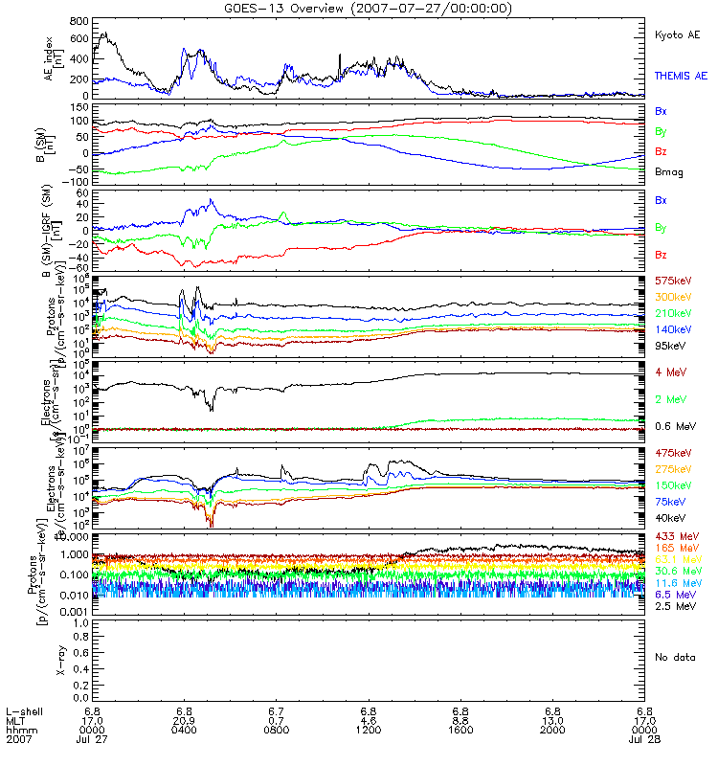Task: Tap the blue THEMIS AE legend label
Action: (x=679, y=75)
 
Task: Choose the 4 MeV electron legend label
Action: (x=671, y=372)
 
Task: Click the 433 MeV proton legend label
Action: (x=675, y=536)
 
